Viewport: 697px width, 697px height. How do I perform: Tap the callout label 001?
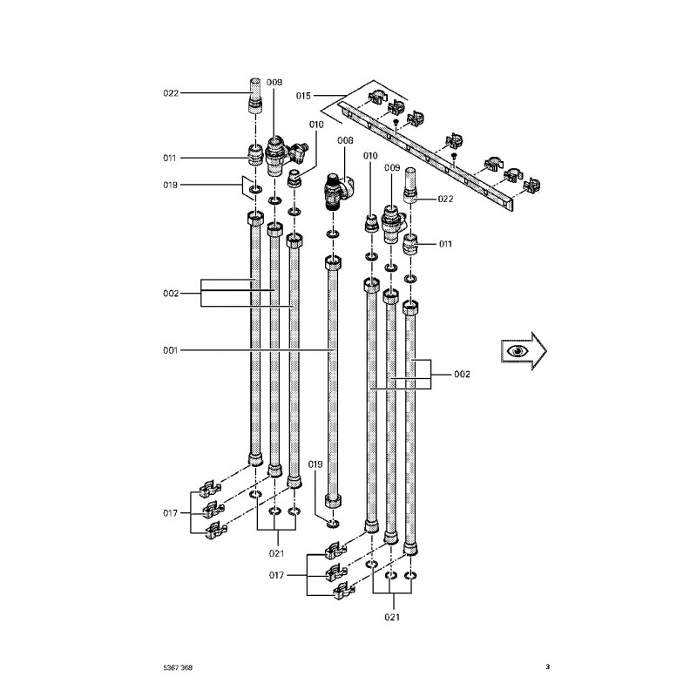click(x=170, y=350)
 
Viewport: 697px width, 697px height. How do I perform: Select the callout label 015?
click(x=303, y=96)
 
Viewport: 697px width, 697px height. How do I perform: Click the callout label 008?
click(x=345, y=140)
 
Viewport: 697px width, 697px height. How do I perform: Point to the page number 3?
click(x=548, y=667)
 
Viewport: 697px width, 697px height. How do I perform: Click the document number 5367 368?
click(x=178, y=667)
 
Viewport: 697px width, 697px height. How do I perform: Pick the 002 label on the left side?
click(x=171, y=294)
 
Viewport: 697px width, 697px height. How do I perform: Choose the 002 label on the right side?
click(x=462, y=375)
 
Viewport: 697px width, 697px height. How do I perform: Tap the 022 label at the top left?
click(x=171, y=93)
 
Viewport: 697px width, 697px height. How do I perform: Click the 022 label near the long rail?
click(x=445, y=199)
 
